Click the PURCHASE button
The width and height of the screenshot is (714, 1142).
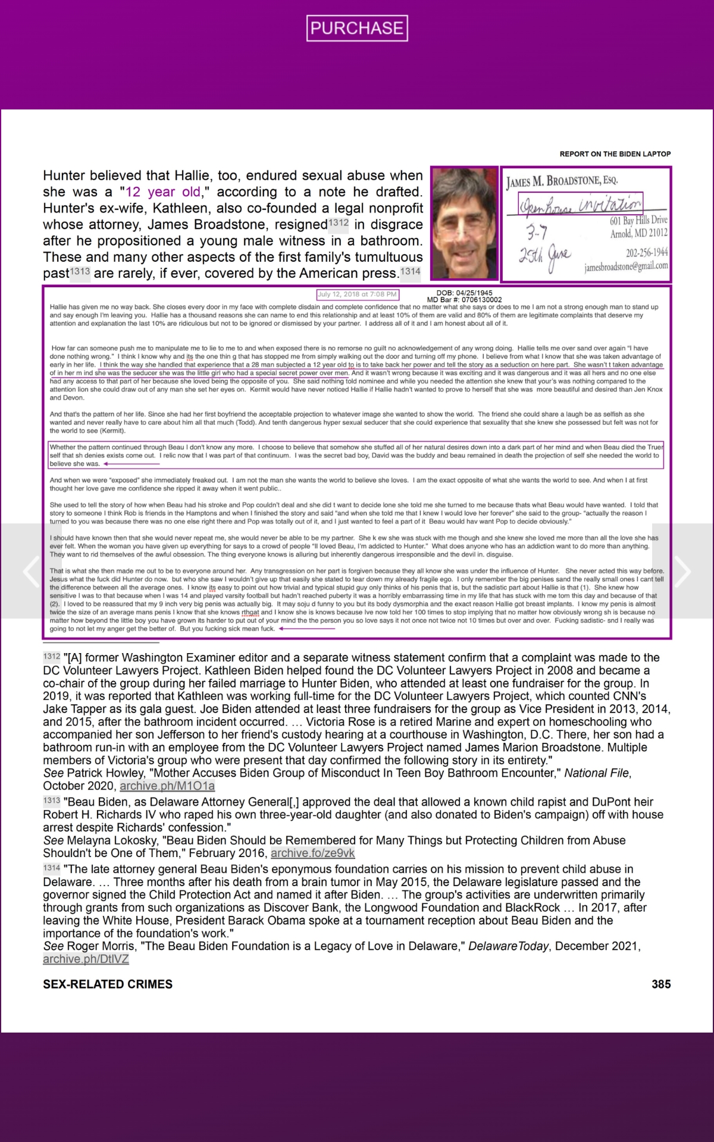tap(357, 28)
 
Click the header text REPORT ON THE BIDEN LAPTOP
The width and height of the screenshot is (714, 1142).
tap(615, 154)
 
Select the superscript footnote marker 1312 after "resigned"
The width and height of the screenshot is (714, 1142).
tap(338, 223)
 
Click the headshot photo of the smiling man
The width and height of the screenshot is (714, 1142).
tap(464, 223)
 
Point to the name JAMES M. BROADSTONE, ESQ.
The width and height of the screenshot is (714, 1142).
tap(562, 181)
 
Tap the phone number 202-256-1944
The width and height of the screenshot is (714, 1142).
tap(646, 253)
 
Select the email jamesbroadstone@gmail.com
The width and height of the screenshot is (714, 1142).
tap(626, 267)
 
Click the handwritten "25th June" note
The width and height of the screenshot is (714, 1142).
tap(544, 257)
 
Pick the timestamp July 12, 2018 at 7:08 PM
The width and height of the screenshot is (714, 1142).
tap(357, 294)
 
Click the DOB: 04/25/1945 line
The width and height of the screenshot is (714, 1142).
tap(464, 293)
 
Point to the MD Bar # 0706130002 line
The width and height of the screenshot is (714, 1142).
tap(464, 300)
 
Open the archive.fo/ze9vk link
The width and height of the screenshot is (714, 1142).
tap(312, 853)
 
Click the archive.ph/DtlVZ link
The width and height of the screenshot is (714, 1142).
tap(86, 959)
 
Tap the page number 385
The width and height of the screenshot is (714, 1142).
tap(661, 984)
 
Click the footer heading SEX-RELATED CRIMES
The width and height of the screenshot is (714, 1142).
tap(108, 984)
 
